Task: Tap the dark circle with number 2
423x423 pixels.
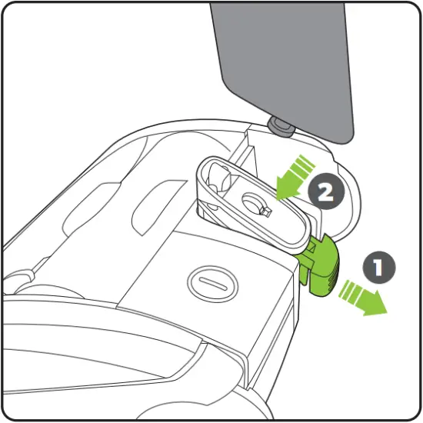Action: [325, 192]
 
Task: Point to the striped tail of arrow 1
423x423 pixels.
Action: [350, 291]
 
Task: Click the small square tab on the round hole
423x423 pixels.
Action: [264, 210]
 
